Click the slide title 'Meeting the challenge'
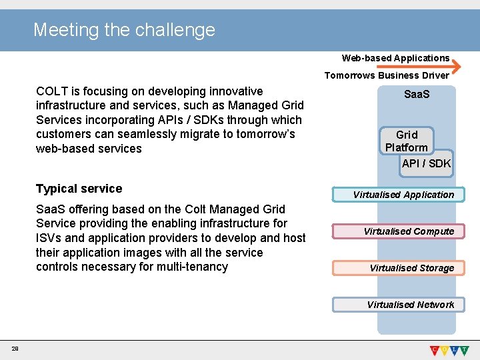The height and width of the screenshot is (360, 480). [124, 30]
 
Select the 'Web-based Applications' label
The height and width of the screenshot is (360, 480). [395, 58]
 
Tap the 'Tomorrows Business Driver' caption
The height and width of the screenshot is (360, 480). [387, 75]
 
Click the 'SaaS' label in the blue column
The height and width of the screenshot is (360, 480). [417, 95]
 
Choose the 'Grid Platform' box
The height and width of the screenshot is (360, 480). [407, 141]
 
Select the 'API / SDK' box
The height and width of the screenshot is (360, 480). [426, 163]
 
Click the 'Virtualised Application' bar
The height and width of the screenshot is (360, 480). [403, 195]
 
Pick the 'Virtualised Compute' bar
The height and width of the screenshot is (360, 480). [408, 231]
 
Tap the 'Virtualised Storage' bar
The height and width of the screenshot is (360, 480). [411, 268]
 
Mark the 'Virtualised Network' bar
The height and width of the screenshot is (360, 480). [409, 305]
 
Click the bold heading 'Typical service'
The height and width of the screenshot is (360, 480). [79, 189]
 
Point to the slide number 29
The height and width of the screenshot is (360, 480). [14, 349]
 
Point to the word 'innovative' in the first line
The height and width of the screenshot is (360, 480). [235, 91]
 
